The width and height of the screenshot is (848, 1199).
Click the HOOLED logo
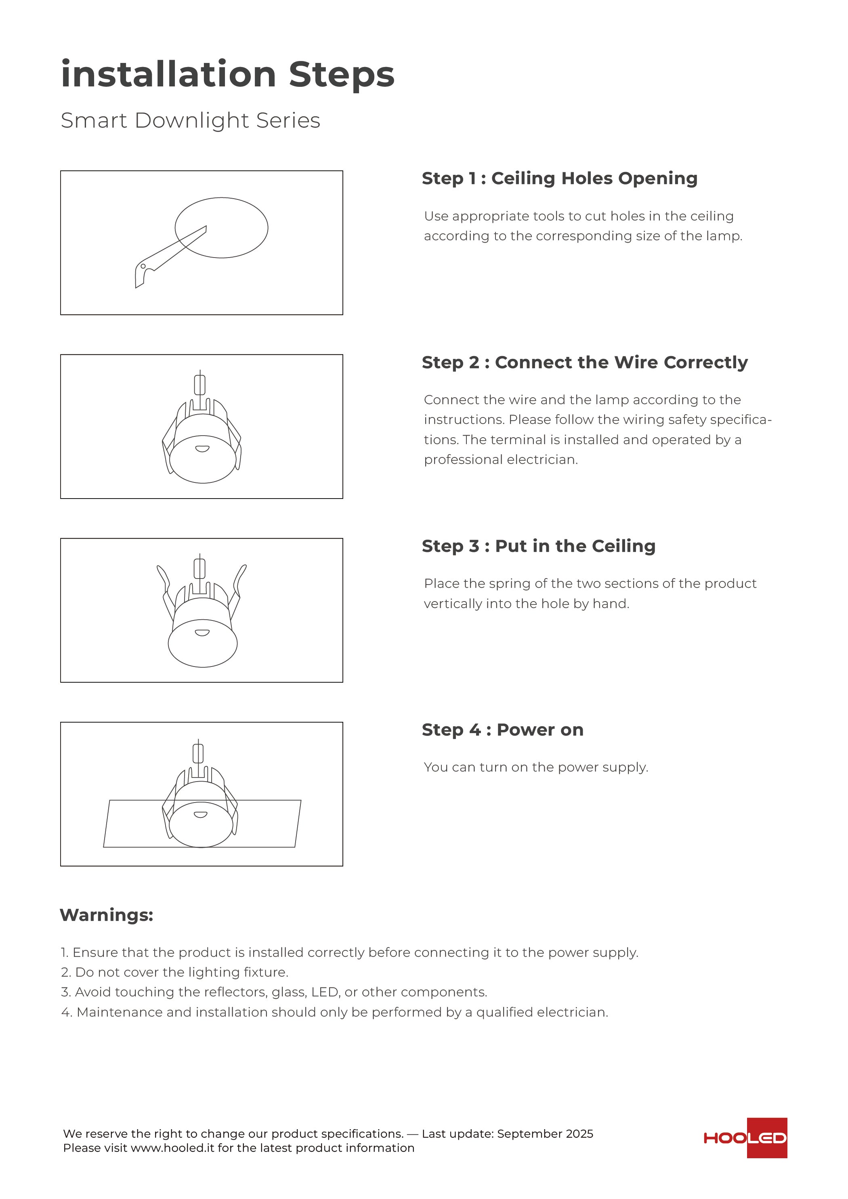[745, 1138]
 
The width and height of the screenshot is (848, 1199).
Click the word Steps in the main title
[341, 74]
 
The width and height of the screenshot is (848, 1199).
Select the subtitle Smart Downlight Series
[190, 121]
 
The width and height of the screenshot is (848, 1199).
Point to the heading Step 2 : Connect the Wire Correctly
[584, 363]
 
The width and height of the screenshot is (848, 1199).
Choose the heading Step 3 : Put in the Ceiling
[538, 546]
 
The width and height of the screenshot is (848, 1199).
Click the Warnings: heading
[106, 915]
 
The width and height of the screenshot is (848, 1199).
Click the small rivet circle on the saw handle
[143, 266]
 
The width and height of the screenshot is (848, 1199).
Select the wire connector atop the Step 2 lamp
[199, 385]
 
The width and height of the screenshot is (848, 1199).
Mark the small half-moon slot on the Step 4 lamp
[201, 815]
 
